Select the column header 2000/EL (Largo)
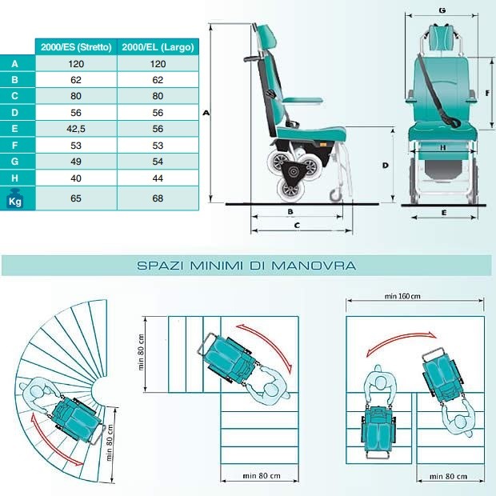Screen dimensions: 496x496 [x=157, y=46]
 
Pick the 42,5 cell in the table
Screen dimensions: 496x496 [x=77, y=127]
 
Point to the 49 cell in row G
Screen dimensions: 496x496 [x=77, y=161]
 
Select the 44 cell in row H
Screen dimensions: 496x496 [x=157, y=177]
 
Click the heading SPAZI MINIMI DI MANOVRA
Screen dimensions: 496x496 [x=246, y=265]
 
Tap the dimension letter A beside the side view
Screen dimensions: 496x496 [x=206, y=114]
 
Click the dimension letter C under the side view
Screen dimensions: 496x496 [x=297, y=226]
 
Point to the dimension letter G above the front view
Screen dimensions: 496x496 [x=442, y=10]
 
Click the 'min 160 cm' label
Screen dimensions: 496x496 [x=402, y=296]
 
